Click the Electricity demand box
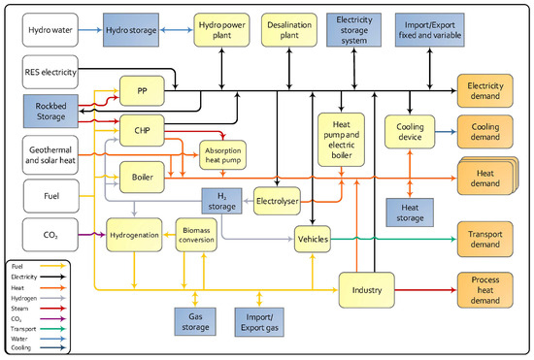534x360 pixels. [489, 88]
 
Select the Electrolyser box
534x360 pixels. [282, 199]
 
